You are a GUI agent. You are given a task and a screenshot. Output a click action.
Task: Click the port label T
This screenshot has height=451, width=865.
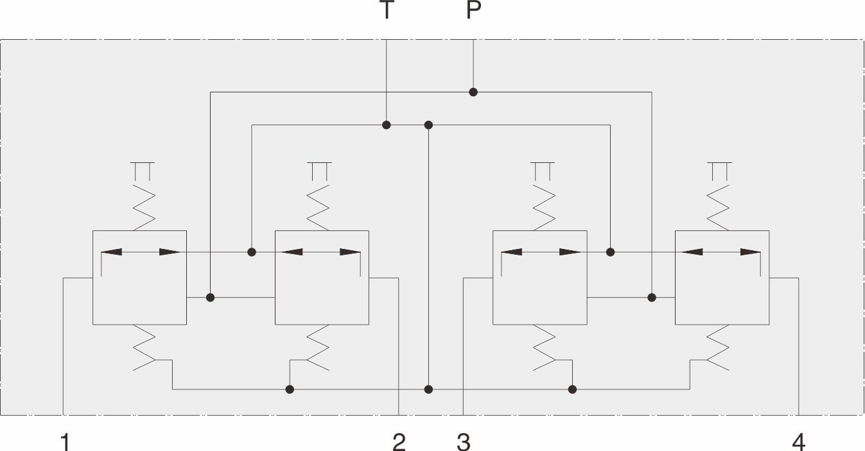[x=386, y=11]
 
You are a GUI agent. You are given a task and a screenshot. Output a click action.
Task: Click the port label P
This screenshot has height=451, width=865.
[x=473, y=11]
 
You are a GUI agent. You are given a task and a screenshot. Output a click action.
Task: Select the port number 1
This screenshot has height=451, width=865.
[x=64, y=441]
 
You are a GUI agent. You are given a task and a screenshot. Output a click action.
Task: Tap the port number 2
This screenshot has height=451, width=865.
[x=399, y=441]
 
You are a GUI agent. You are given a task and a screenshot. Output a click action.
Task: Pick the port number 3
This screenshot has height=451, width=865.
[x=464, y=441]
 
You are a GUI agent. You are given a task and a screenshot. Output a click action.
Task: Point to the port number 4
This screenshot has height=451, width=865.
[x=798, y=441]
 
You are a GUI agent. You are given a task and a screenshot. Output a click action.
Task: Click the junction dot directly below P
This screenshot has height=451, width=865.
[x=473, y=92]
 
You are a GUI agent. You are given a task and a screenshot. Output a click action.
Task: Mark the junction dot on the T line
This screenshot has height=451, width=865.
[x=386, y=124]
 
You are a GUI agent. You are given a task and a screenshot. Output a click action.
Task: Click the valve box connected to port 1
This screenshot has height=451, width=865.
[x=139, y=277]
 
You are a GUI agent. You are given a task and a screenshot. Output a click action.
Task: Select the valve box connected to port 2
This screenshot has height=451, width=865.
[x=322, y=277]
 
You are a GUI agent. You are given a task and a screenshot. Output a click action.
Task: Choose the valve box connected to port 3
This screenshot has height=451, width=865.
[x=539, y=277]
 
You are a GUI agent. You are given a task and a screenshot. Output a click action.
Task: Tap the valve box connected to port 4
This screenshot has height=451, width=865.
[x=722, y=277]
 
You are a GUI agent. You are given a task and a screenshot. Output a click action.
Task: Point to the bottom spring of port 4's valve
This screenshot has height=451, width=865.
[x=719, y=348]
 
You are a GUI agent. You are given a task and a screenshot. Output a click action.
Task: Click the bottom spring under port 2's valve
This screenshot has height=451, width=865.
[x=319, y=348]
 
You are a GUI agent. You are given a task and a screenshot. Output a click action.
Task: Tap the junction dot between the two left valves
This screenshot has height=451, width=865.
[x=210, y=298]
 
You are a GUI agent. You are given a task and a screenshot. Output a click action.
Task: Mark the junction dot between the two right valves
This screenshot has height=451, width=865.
[x=652, y=298]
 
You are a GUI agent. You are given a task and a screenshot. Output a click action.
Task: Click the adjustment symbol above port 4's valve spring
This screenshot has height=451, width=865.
[x=719, y=171]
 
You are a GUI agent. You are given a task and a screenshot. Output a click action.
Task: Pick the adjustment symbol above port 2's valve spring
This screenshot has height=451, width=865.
[x=319, y=171]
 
